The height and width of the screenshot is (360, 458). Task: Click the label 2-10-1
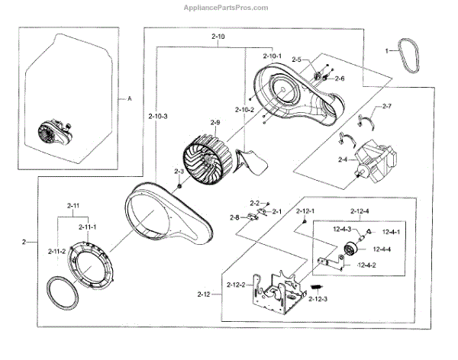click(x=272, y=56)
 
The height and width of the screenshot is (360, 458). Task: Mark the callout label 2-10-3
click(x=158, y=115)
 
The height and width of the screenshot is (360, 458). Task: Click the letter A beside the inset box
click(x=129, y=99)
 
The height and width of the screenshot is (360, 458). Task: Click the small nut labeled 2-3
click(x=179, y=187)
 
